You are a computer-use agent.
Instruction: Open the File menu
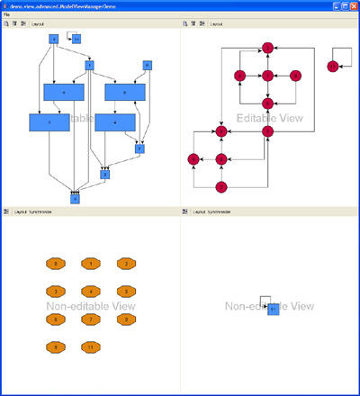pos(6,15)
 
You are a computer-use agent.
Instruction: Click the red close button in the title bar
pos(353,5)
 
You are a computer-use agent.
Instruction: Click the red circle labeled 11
pos(333,67)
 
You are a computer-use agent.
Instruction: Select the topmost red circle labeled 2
pos(267,47)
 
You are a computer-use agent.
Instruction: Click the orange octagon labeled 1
pos(90,264)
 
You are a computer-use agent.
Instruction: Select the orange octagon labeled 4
pos(90,292)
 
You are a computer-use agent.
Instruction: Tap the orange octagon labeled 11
pos(90,346)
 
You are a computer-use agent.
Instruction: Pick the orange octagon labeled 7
pos(90,319)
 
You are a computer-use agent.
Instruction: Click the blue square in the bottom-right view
pos(274,310)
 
